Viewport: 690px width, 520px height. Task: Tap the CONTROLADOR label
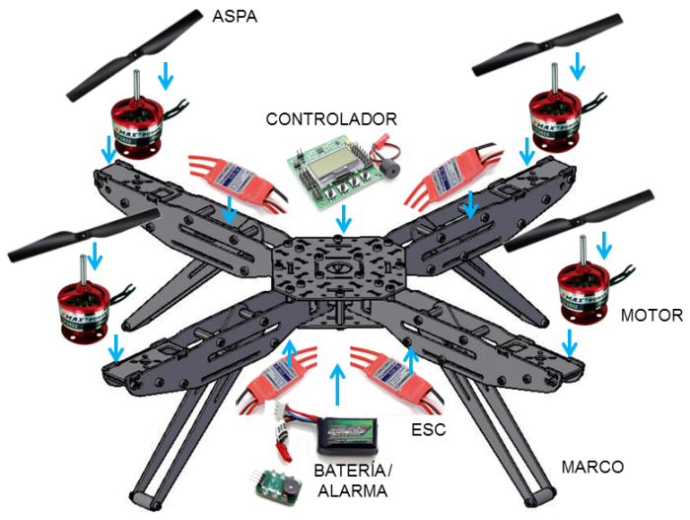[x=331, y=119]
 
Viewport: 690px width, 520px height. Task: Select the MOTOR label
[x=652, y=316]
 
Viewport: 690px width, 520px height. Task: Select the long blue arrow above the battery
[x=338, y=385]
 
